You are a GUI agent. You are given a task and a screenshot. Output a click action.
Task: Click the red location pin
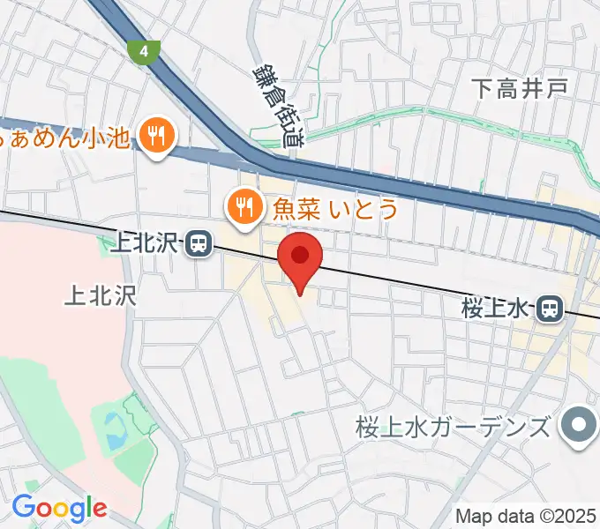pyautogui.click(x=300, y=257)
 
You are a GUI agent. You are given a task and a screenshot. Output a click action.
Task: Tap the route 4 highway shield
pyautogui.click(x=142, y=52)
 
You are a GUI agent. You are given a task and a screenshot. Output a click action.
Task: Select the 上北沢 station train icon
pyautogui.click(x=200, y=243)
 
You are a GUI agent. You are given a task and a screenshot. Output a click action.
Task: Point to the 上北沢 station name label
pyautogui.click(x=151, y=242)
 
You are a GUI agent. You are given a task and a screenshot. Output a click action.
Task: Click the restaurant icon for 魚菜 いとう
pyautogui.click(x=244, y=207)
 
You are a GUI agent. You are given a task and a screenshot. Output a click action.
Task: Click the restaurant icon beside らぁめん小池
pyautogui.click(x=158, y=136)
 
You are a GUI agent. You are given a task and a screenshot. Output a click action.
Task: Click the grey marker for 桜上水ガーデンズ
pyautogui.click(x=580, y=426)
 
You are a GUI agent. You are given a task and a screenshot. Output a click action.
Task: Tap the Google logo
pyautogui.click(x=59, y=509)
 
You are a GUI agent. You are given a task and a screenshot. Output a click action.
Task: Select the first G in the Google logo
pyautogui.click(x=24, y=508)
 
